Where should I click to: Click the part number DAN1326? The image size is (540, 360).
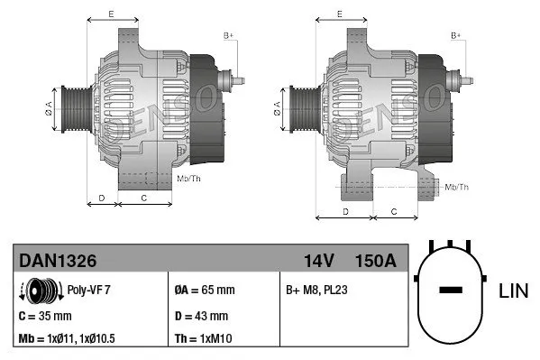(58, 261)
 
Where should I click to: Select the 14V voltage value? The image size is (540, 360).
(319, 261)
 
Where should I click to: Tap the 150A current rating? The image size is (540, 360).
(375, 261)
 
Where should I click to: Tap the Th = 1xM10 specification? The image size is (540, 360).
(204, 340)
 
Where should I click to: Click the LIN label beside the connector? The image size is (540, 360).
(512, 290)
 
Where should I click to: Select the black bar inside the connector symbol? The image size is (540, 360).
(450, 291)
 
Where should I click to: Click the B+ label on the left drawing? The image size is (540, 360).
(228, 34)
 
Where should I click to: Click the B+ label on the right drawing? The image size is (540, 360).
(457, 34)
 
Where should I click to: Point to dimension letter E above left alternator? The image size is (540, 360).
(111, 14)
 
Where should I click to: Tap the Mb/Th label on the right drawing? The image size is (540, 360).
(457, 187)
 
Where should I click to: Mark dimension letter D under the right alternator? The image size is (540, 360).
(346, 210)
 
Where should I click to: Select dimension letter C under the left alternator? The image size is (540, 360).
(144, 196)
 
